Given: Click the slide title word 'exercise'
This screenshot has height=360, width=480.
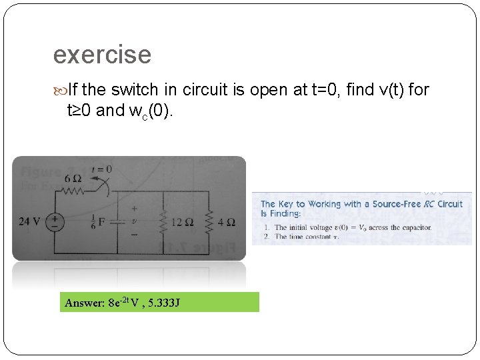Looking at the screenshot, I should point(102,55).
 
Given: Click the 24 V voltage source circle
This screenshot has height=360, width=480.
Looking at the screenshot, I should point(54,220).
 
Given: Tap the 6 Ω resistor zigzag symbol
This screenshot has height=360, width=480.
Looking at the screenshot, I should point(74,192).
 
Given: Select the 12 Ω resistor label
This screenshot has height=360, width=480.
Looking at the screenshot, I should point(182,222).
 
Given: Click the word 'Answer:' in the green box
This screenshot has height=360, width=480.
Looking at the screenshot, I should point(85,303).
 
